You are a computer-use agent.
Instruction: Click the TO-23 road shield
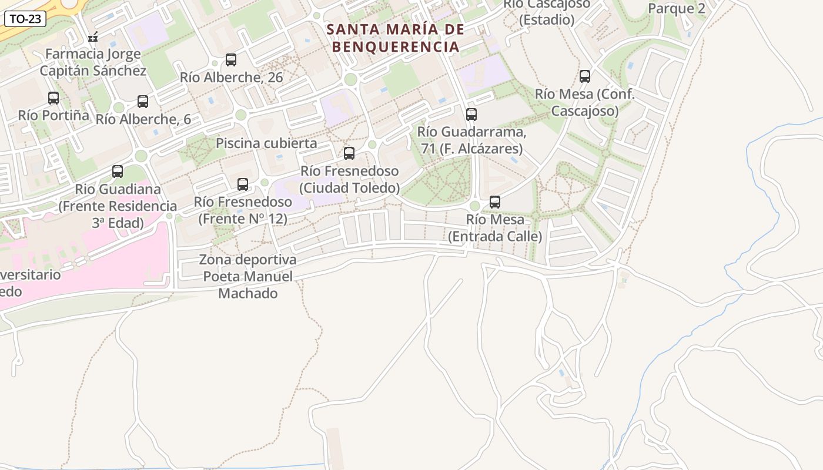26,19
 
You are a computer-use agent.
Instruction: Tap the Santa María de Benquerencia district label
395,38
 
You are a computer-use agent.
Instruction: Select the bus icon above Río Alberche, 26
231,60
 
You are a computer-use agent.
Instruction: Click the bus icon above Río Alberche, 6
143,102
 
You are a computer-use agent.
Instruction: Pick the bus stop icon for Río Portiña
53,98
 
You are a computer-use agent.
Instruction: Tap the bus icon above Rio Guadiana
118,172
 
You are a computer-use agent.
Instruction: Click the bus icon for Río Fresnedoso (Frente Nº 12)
243,184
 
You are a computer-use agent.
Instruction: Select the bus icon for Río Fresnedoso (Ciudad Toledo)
349,153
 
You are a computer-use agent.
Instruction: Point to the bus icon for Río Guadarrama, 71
471,115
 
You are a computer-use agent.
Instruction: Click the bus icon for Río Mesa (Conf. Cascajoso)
585,76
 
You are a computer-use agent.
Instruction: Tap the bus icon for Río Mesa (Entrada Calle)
495,202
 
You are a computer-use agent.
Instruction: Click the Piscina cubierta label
266,143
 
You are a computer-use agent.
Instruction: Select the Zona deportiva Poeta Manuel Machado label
247,276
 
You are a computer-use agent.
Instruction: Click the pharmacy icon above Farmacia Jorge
93,38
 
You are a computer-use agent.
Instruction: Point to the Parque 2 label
676,8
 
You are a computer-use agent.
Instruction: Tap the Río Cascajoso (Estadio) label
547,12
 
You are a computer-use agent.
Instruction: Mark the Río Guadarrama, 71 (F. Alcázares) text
471,140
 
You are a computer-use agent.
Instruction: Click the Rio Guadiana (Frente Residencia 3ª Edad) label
118,206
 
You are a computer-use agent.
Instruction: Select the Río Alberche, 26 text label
231,78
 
